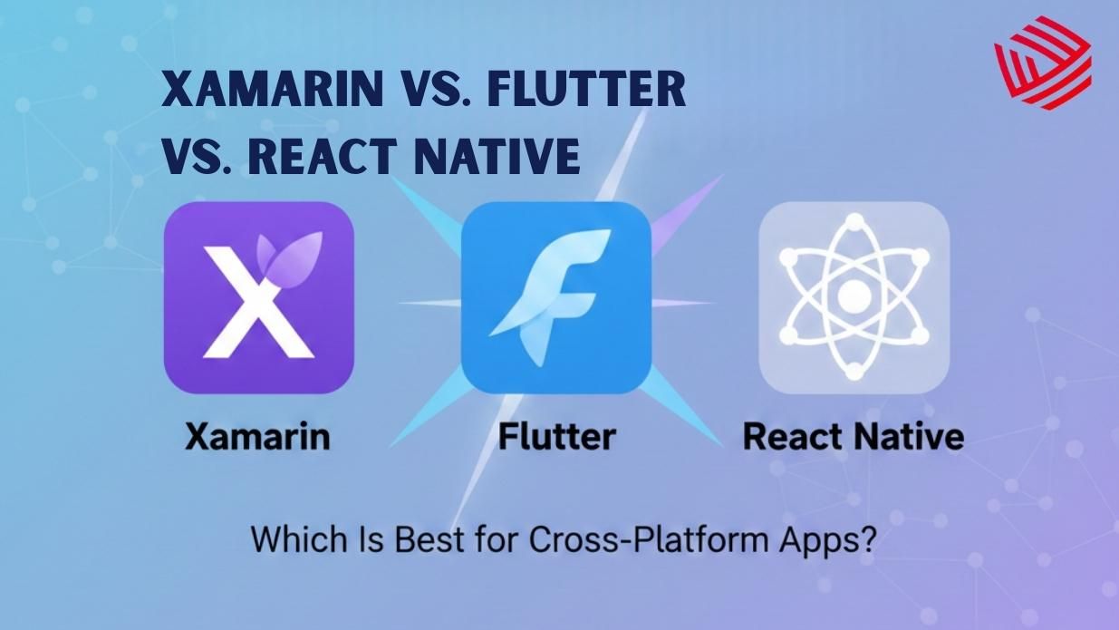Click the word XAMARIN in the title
(x=256, y=91)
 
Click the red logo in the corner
(x=1043, y=63)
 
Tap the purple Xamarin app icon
(x=258, y=297)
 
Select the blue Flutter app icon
(x=555, y=297)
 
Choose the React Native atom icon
(x=854, y=297)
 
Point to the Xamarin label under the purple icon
(x=257, y=437)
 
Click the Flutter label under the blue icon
(x=556, y=437)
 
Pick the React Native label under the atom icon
(x=853, y=437)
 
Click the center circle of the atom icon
(x=854, y=296)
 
